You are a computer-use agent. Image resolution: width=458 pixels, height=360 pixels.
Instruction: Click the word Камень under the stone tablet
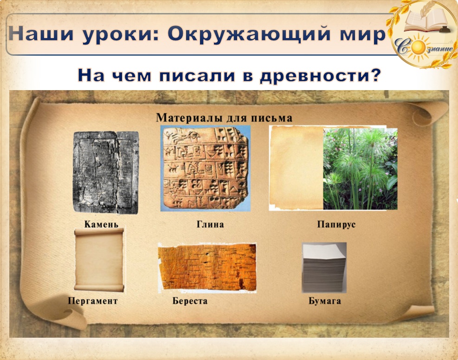pos(101,224)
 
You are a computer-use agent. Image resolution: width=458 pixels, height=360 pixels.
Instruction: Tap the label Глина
pos(210,224)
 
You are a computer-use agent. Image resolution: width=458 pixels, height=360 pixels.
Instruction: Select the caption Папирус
pos(336,225)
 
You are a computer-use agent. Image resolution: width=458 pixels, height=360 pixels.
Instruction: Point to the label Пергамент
pos(93,301)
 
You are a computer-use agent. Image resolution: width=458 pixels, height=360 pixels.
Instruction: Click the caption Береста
pos(190,301)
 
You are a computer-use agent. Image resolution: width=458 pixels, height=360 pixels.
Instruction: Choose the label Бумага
pos(324,301)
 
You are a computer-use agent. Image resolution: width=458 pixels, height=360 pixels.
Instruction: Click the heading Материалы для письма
pos(224,118)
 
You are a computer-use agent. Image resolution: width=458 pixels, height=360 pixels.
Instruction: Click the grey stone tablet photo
pos(106,172)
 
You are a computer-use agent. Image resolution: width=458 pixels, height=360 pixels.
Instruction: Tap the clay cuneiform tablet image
pos(206,168)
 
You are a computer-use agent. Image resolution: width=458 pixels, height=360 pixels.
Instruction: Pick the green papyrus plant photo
pos(360,169)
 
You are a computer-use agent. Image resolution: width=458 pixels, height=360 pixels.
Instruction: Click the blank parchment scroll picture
pos(99,260)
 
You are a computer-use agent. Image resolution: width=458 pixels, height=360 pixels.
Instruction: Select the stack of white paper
pos(324,268)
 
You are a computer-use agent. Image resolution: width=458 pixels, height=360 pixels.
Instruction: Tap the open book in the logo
pos(425,20)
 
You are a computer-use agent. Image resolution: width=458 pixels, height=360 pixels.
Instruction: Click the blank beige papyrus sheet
pos(296,168)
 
